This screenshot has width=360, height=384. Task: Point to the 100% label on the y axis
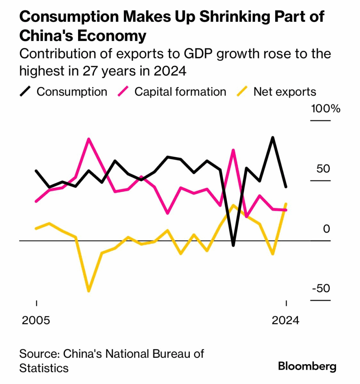click(x=325, y=109)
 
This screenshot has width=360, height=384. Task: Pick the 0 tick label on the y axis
click(x=326, y=228)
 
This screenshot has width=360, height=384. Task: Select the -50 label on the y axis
click(x=321, y=288)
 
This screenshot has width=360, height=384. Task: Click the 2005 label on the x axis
click(x=36, y=321)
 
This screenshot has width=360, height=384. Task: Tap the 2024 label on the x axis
click(x=286, y=321)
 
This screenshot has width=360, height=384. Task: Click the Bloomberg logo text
click(x=307, y=366)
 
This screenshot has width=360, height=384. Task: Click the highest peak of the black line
click(x=273, y=138)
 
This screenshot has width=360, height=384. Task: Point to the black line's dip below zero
click(x=233, y=245)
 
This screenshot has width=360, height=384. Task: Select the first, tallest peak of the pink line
click(x=88, y=139)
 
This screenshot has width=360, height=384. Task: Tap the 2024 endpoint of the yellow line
click(x=286, y=204)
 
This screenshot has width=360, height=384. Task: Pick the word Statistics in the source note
click(x=44, y=367)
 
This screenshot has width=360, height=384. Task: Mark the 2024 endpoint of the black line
click(x=286, y=186)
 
